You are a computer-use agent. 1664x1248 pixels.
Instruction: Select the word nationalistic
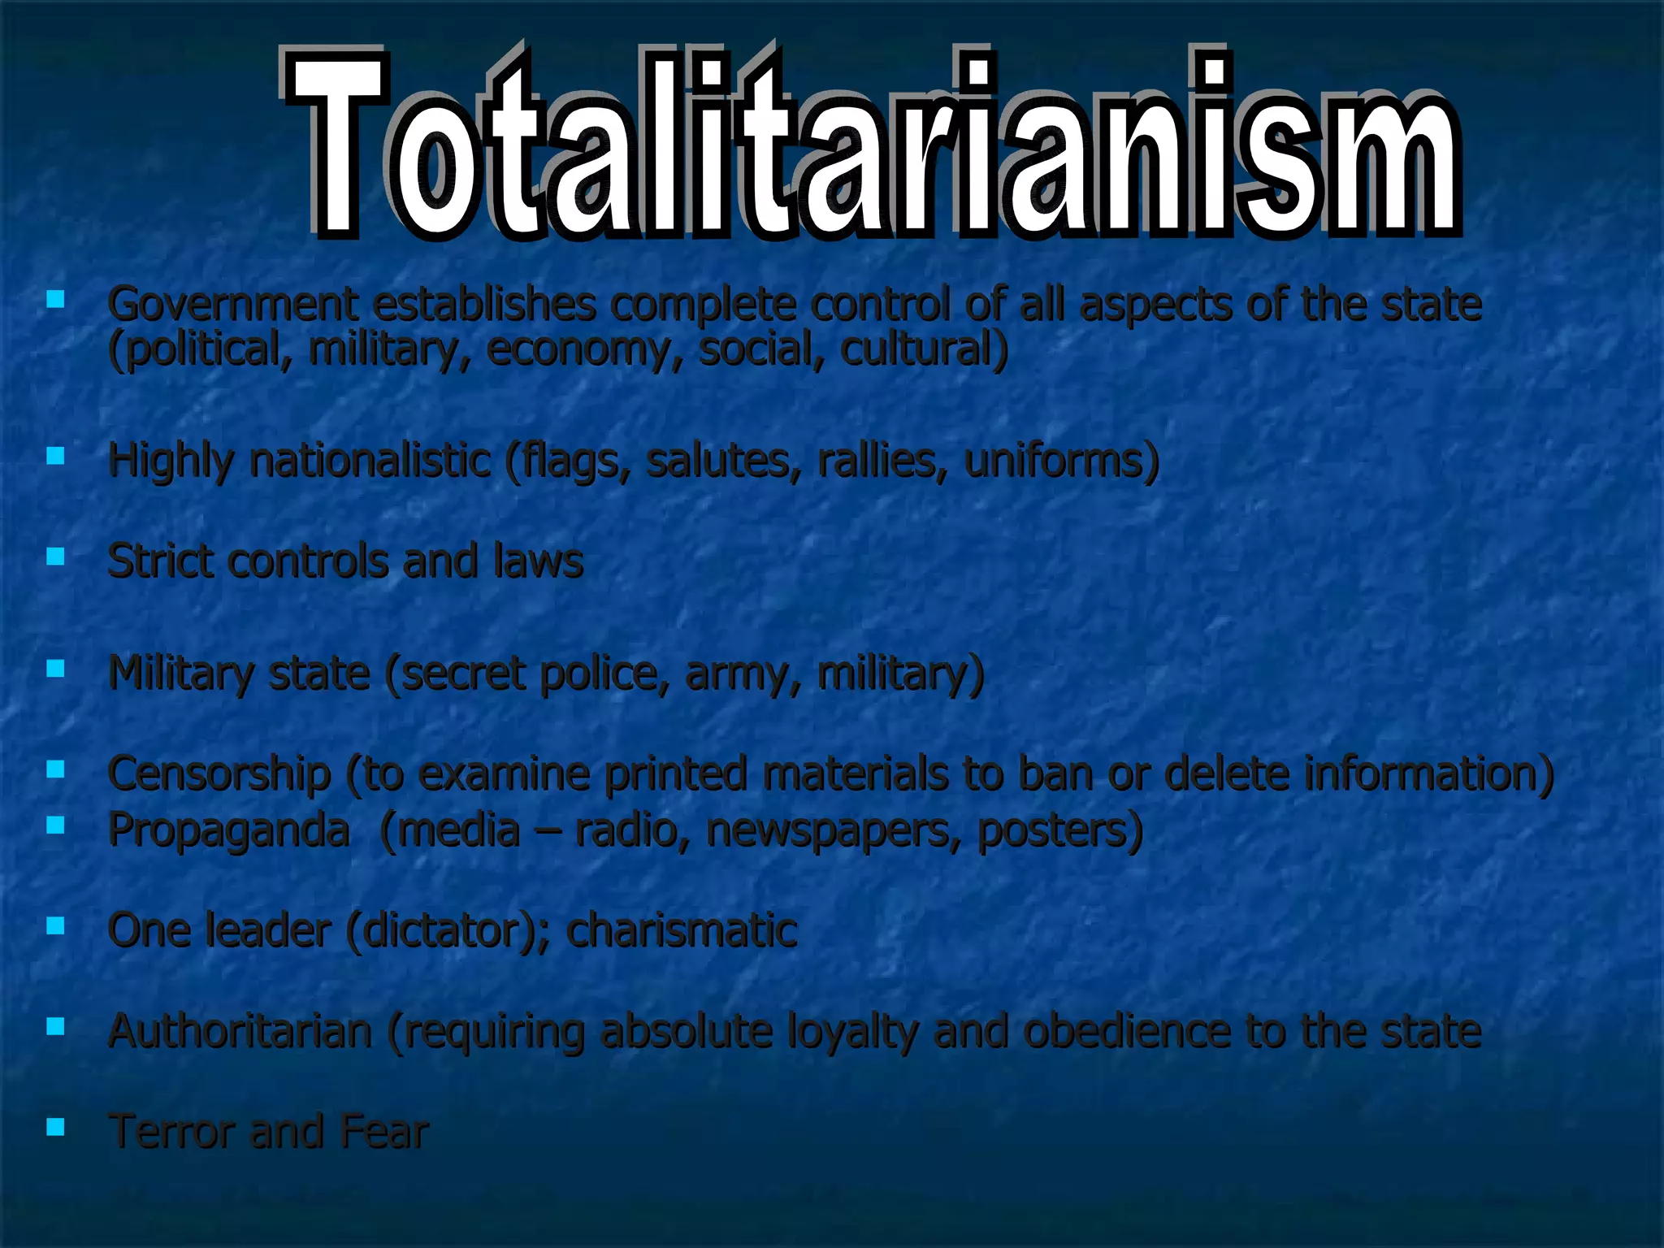370,460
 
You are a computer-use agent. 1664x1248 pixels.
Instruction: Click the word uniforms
1060,460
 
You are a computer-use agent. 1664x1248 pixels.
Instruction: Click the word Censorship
219,773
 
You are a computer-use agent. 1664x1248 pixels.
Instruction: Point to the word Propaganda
229,830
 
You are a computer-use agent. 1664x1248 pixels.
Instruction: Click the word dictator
444,930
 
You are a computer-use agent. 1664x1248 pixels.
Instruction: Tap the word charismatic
682,930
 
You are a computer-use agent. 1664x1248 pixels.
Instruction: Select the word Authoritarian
240,1031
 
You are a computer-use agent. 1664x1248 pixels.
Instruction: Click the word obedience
1126,1031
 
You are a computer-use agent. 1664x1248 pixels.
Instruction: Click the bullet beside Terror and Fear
55,1126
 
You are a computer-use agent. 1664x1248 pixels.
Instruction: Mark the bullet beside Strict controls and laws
55,557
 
